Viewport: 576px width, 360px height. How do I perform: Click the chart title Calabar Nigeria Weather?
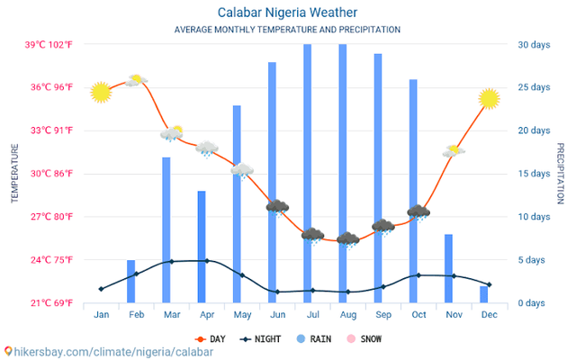pos(287,13)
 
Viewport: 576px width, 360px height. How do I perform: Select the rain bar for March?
pos(166,229)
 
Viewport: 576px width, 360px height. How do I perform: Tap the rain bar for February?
pos(130,281)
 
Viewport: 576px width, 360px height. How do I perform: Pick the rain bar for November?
pos(448,268)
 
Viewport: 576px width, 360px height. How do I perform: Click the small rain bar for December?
pos(483,294)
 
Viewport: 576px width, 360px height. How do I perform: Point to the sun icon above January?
pos(101,92)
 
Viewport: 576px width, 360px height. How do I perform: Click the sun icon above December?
pos(489,98)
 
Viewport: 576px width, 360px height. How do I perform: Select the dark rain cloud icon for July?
pos(312,236)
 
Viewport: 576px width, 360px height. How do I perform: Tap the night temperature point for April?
pos(207,261)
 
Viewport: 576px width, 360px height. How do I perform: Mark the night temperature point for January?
pos(101,289)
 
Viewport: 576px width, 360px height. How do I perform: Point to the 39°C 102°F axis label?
pos(49,45)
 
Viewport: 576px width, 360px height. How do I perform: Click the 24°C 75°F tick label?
pos(49,260)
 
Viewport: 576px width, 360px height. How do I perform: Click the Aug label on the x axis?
pos(347,314)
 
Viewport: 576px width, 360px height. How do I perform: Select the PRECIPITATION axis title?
pos(560,173)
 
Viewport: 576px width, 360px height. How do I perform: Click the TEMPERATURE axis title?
pos(14,173)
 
